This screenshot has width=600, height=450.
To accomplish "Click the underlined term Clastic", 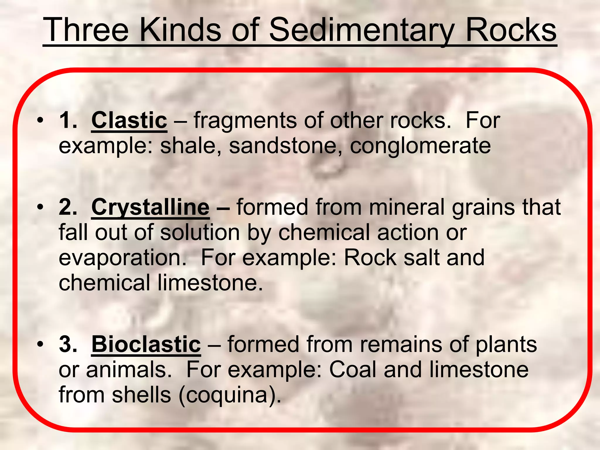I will pyautogui.click(x=129, y=120).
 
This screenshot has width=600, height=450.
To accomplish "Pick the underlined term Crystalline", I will pyautogui.click(x=150, y=207).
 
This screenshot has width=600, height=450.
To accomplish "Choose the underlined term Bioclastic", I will pyautogui.click(x=146, y=344).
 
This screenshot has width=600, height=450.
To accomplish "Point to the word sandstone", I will pyautogui.click(x=282, y=146).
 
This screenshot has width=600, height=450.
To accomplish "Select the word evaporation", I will pyautogui.click(x=122, y=258).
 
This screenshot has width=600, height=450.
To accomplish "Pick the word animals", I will pyautogui.click(x=128, y=370).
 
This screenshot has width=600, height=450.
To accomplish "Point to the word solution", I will pyautogui.click(x=200, y=233).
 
